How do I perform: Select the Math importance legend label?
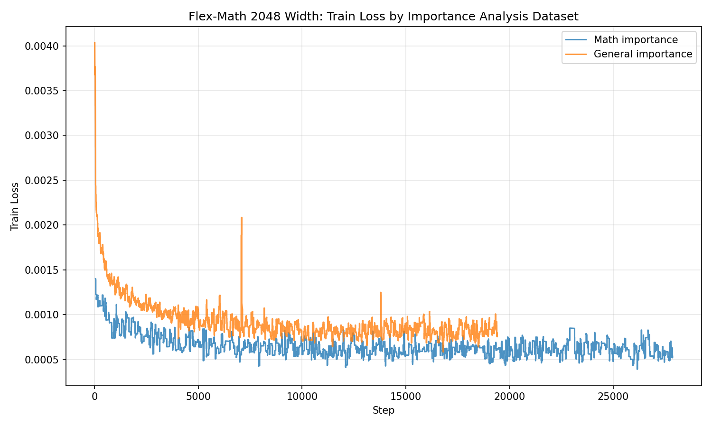click(x=636, y=40)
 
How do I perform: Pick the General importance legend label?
click(x=643, y=54)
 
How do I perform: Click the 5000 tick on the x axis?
click(x=198, y=396)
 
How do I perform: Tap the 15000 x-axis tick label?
click(x=405, y=396)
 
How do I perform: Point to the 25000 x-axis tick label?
click(x=613, y=396)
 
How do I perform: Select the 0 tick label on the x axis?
click(x=94, y=396)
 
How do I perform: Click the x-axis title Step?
click(x=383, y=410)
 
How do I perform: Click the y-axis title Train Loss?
click(x=15, y=206)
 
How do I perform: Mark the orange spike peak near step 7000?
click(x=242, y=218)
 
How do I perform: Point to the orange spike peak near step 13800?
click(x=381, y=293)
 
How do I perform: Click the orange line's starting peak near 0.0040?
click(x=95, y=43)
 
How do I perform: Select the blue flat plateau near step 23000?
click(x=572, y=328)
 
